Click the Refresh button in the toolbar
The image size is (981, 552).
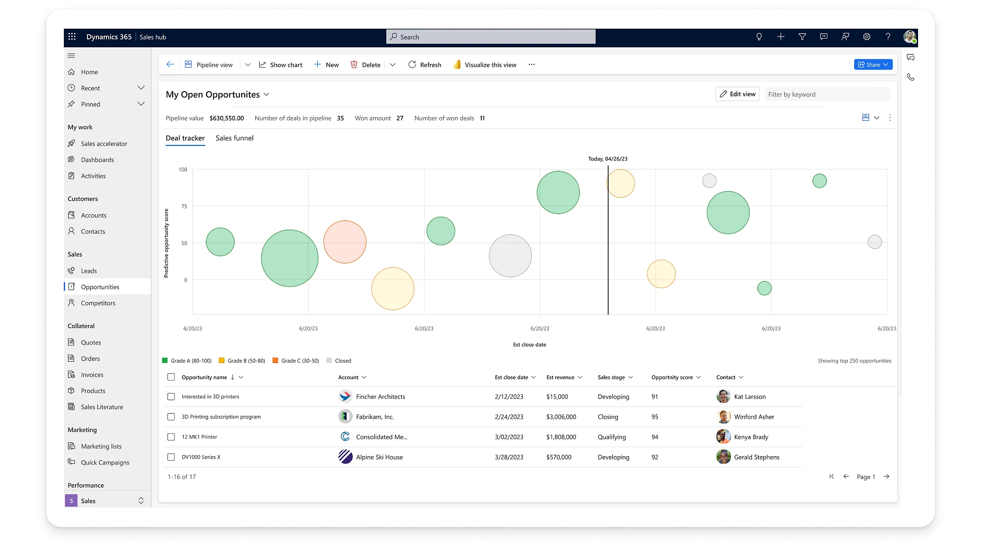[x=425, y=65]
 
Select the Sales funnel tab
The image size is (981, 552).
[x=234, y=138]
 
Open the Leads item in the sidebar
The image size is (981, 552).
[x=89, y=271]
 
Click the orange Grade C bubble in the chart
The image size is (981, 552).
[x=345, y=242]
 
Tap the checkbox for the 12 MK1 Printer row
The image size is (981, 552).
[x=171, y=437]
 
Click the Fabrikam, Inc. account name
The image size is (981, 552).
[x=375, y=417]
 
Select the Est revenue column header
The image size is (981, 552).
[x=560, y=377]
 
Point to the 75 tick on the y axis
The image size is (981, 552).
[x=184, y=207]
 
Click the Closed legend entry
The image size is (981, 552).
[x=343, y=361]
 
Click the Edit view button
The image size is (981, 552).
[x=737, y=94]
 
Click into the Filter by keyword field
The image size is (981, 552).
[x=826, y=94]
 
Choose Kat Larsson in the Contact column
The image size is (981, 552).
[x=750, y=397]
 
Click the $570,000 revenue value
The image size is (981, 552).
[x=559, y=457]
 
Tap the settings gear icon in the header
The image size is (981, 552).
[x=867, y=37]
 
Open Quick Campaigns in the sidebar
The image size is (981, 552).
[x=105, y=463]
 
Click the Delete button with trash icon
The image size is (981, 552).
[x=366, y=65]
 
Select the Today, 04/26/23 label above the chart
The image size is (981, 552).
[x=608, y=159]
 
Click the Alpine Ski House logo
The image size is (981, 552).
[x=345, y=457]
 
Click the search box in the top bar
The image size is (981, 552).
[x=490, y=37]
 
